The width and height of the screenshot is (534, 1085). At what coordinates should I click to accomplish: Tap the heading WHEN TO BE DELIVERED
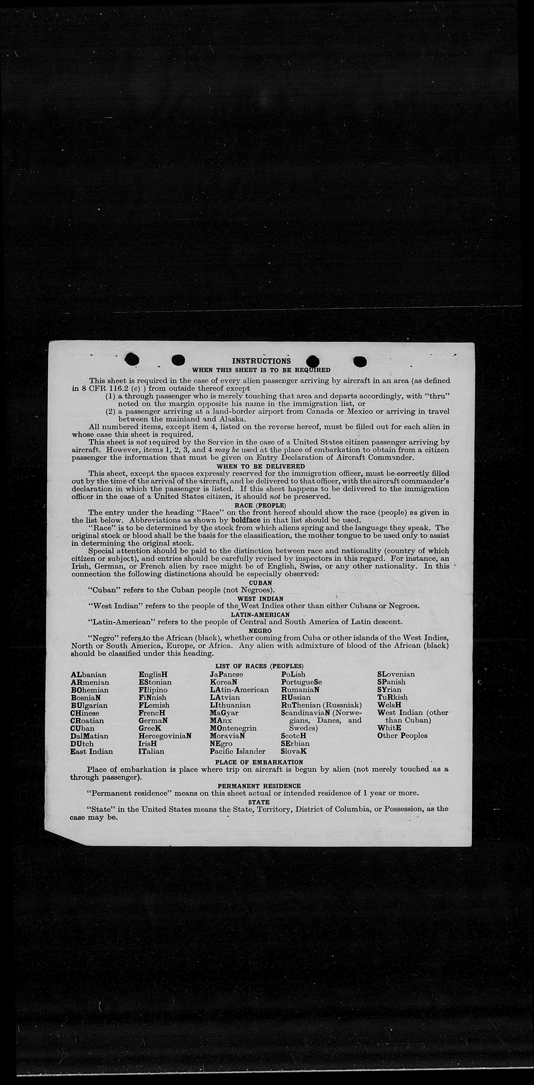pyautogui.click(x=260, y=466)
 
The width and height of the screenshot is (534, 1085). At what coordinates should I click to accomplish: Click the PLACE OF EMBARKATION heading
pyautogui.click(x=259, y=762)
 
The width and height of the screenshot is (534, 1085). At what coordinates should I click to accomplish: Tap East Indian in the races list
pyautogui.click(x=91, y=751)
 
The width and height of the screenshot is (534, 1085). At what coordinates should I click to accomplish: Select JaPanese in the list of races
pyautogui.click(x=227, y=674)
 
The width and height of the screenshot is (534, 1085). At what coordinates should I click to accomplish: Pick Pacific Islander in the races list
pyautogui.click(x=237, y=751)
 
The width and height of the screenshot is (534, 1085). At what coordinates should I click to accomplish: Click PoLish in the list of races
pyautogui.click(x=293, y=674)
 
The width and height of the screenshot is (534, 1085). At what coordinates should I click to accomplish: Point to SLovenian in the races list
pyautogui.click(x=396, y=674)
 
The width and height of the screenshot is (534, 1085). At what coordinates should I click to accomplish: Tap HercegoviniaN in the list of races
pyautogui.click(x=165, y=736)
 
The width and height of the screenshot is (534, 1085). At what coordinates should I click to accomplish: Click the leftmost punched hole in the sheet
pyautogui.click(x=132, y=359)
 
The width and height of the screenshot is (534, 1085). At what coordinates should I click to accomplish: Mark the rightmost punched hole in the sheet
pyautogui.click(x=360, y=361)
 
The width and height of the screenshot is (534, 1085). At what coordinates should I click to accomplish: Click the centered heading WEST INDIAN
pyautogui.click(x=260, y=599)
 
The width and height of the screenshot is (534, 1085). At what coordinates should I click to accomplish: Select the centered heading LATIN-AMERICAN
pyautogui.click(x=260, y=615)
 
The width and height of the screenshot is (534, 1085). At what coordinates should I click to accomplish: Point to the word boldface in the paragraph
pyautogui.click(x=245, y=520)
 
